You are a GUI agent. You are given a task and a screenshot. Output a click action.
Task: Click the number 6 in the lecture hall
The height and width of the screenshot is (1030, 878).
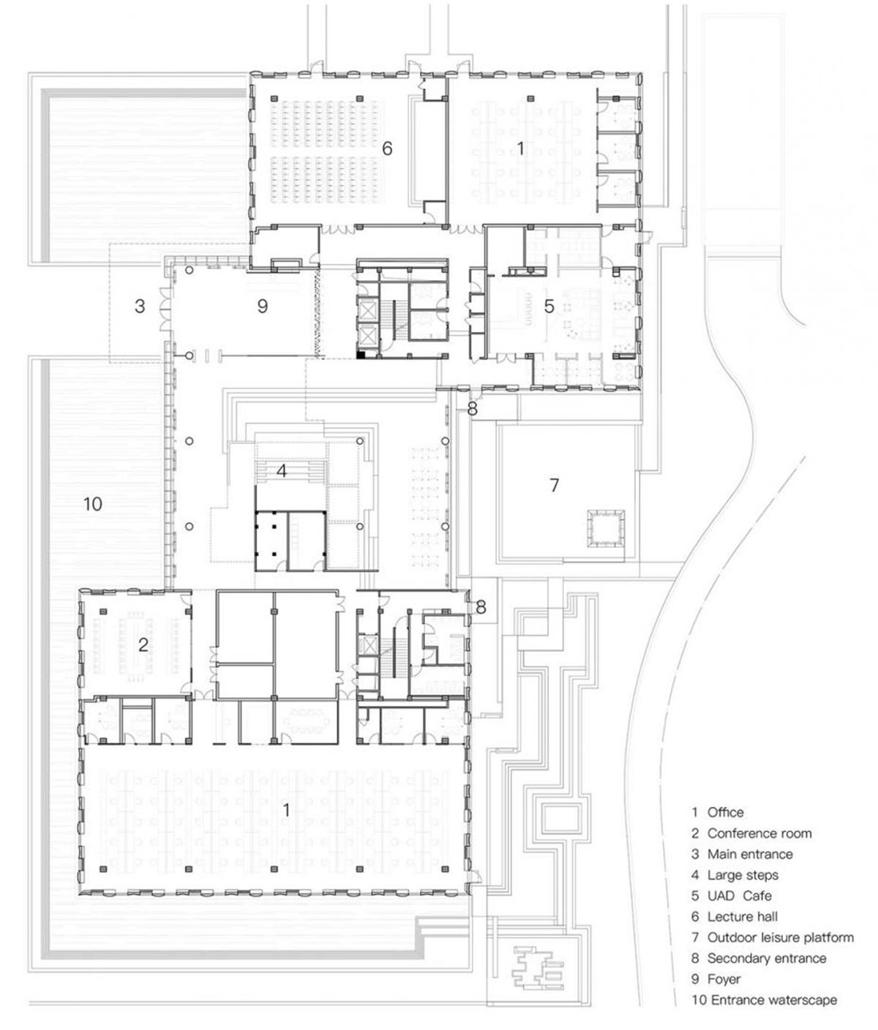(387, 149)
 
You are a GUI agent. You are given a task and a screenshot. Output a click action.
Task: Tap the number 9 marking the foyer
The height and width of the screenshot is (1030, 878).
(263, 307)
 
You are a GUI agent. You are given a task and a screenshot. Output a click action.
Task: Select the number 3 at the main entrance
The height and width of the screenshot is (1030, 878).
(140, 307)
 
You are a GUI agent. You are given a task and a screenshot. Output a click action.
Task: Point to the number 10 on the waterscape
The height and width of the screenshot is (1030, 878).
(92, 503)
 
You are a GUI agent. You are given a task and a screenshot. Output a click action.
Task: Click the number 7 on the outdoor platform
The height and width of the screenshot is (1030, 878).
(554, 484)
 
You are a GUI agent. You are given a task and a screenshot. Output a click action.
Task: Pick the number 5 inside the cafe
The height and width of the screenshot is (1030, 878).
(549, 306)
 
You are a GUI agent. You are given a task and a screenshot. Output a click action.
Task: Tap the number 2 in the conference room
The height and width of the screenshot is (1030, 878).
(143, 644)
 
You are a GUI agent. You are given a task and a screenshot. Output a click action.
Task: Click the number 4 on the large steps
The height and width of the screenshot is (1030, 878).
(281, 472)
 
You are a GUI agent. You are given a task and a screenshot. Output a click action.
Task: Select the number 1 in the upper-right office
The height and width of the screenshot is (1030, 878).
(520, 149)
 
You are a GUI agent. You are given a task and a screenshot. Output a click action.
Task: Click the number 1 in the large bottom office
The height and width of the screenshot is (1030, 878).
(286, 810)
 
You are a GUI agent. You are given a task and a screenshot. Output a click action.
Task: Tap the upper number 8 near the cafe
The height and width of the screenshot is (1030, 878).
(473, 410)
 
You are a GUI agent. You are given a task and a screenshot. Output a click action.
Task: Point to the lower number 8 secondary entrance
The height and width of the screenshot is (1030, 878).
(481, 606)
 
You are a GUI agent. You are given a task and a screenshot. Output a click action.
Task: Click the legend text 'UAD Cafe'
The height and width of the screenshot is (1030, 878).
(739, 895)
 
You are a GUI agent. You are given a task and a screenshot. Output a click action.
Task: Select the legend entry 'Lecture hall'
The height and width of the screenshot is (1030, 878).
(742, 917)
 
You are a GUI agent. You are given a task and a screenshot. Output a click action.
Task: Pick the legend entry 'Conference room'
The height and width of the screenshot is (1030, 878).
(759, 833)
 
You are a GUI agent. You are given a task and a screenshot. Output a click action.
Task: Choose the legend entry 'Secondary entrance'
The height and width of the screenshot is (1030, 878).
(766, 958)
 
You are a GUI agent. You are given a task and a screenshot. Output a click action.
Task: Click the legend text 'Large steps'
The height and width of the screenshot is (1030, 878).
(743, 875)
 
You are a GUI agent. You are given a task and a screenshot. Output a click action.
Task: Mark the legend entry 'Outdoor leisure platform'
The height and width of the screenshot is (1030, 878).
(781, 937)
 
